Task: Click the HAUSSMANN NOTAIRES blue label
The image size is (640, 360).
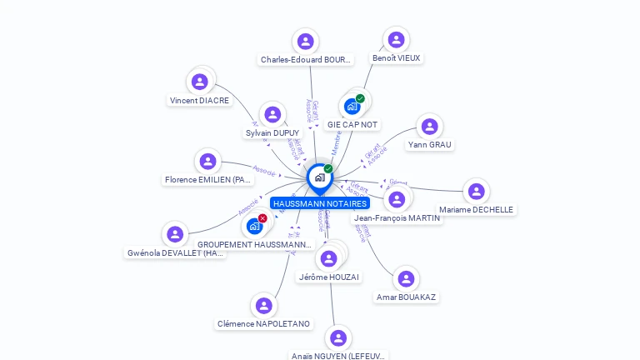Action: click(x=319, y=203)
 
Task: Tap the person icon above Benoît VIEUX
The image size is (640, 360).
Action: click(x=397, y=40)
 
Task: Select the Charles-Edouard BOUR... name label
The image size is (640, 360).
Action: click(x=306, y=60)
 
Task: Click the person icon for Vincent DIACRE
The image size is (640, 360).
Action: click(x=199, y=82)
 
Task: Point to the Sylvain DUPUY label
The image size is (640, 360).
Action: click(x=272, y=133)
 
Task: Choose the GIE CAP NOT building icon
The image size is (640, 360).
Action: click(x=352, y=107)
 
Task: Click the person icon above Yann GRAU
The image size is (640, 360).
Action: click(x=429, y=127)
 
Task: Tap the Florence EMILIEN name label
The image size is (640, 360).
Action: click(x=207, y=180)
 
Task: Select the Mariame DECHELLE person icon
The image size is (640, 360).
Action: click(x=476, y=192)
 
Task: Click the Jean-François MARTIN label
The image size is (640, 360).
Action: click(x=397, y=218)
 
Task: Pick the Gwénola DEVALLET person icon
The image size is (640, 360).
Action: click(x=174, y=234)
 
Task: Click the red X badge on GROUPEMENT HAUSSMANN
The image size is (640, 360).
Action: click(x=262, y=218)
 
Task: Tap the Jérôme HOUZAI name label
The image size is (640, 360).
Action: click(x=329, y=277)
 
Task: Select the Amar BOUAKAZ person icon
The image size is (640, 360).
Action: click(x=406, y=279)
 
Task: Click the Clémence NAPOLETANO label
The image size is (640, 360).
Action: click(x=263, y=324)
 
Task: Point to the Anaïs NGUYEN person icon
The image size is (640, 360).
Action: click(x=337, y=338)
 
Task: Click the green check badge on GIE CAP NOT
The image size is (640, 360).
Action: click(x=360, y=98)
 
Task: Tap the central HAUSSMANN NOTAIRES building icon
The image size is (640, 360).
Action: click(x=319, y=177)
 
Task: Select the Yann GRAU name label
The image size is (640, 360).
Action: click(x=430, y=145)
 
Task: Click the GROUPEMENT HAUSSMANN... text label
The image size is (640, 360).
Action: click(x=254, y=245)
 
